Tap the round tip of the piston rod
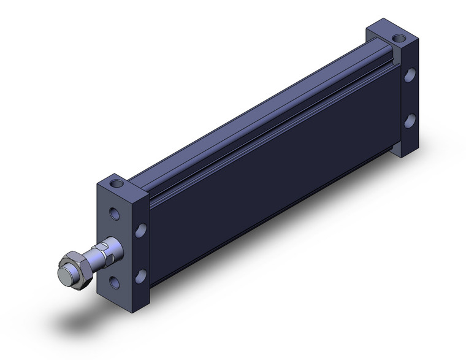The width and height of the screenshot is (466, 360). point(64,274)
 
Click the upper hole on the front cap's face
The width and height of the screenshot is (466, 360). point(114,213)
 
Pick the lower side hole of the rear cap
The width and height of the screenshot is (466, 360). point(410,120)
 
